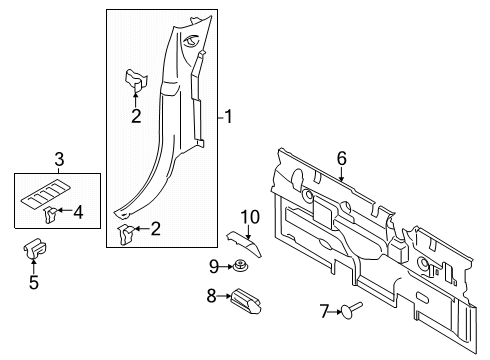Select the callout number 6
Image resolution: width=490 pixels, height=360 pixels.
point(341,157)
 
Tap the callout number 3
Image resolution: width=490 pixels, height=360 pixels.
point(58,159)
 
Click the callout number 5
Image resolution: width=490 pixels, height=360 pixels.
point(33,283)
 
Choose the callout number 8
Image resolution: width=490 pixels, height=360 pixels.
point(211,296)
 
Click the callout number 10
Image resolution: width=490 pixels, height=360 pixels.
point(249,216)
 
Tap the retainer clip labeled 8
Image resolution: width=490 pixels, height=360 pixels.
point(246,297)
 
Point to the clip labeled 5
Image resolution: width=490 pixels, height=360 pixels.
point(33,251)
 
